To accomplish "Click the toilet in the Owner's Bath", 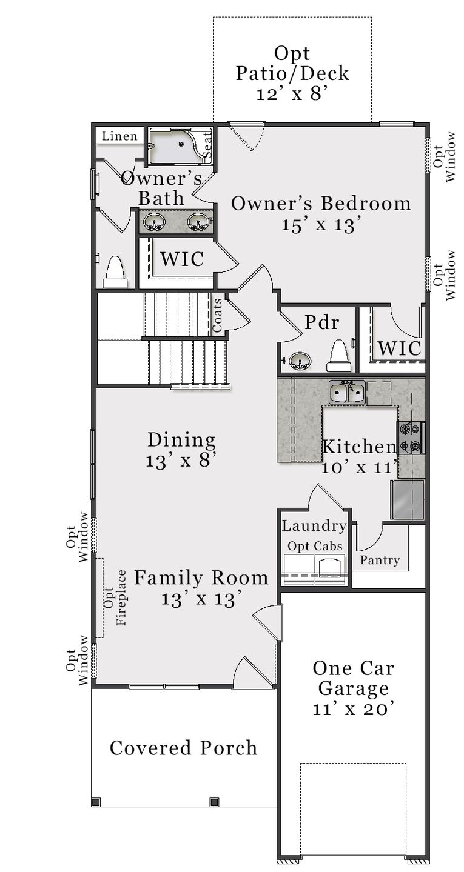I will [x=115, y=272].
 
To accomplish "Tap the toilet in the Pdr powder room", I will [x=338, y=356].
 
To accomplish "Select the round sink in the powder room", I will [x=299, y=362].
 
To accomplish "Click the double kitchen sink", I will [x=348, y=393].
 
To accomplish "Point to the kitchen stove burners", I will [x=411, y=438].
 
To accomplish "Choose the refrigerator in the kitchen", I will [x=407, y=499].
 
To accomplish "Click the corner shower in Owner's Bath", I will [x=176, y=146].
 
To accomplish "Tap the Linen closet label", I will [x=119, y=136].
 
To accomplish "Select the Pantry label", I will [x=380, y=560].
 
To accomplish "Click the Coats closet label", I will [x=217, y=315].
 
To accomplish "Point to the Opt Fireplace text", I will [x=115, y=597].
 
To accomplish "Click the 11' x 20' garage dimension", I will [x=354, y=710].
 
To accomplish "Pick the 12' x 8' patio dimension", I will [x=292, y=94].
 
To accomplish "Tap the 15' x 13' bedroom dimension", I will [x=321, y=224].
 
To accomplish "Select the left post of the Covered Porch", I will [x=95, y=802].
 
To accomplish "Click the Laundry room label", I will [x=314, y=526].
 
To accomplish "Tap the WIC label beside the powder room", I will [x=399, y=348].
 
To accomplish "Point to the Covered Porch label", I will [x=183, y=748].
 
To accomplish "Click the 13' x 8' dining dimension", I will [x=181, y=460].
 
